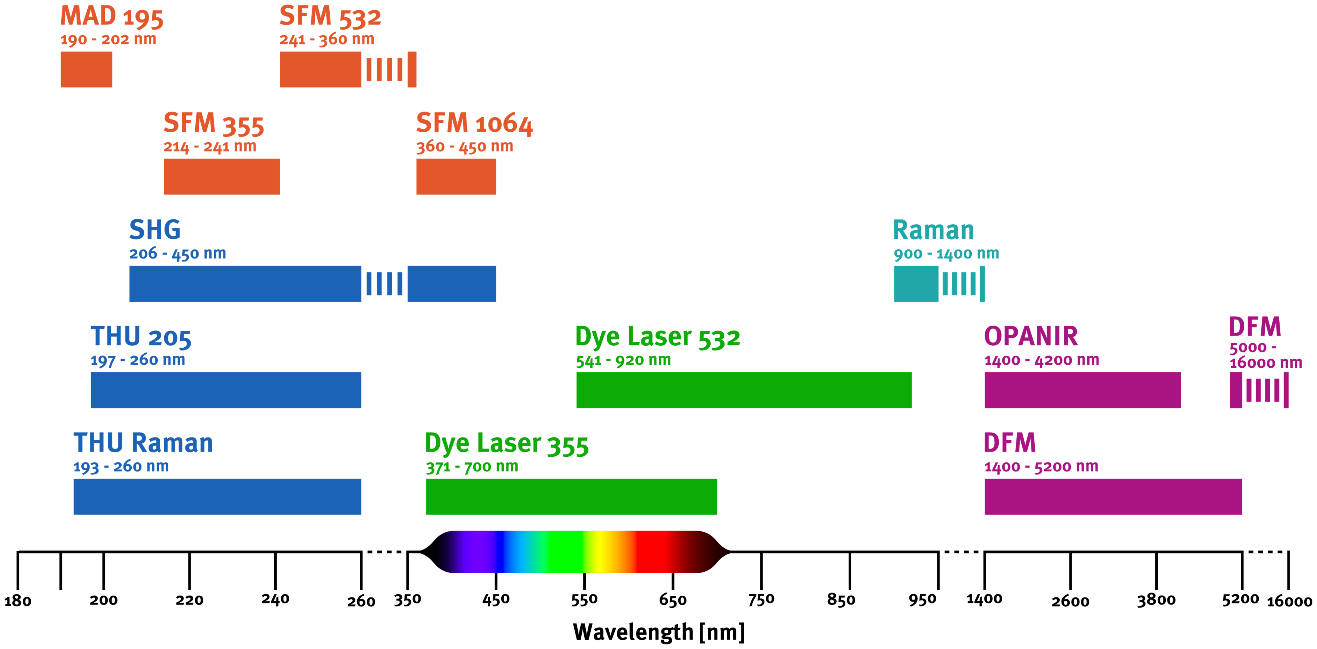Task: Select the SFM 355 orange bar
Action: (x=221, y=176)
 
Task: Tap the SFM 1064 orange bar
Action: (x=456, y=176)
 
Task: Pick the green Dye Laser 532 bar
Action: (x=744, y=390)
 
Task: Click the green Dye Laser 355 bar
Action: (x=572, y=497)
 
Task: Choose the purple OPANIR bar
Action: (x=1082, y=390)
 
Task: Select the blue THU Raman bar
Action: (x=217, y=497)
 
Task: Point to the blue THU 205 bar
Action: (x=226, y=390)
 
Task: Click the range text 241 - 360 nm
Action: (x=327, y=39)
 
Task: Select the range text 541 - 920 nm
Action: (x=623, y=360)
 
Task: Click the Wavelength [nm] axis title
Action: (x=658, y=632)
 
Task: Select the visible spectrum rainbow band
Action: (x=575, y=552)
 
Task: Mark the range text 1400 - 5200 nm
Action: (x=1041, y=466)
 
